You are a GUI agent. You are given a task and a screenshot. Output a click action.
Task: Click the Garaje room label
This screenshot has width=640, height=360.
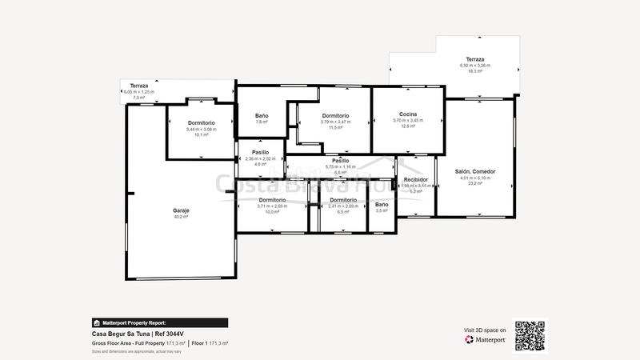pyautogui.click(x=181, y=210)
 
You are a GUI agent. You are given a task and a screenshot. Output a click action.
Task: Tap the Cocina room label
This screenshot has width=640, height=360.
pyautogui.click(x=409, y=114)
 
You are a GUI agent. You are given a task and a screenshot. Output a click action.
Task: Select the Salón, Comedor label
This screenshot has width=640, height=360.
pyautogui.click(x=475, y=172)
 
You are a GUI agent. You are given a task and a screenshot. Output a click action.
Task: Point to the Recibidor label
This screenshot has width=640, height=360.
pyautogui.click(x=416, y=180)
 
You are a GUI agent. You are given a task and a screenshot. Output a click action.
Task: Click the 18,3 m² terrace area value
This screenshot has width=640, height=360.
pyautogui.click(x=476, y=71)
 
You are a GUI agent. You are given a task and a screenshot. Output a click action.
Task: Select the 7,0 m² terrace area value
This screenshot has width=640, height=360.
pyautogui.click(x=139, y=98)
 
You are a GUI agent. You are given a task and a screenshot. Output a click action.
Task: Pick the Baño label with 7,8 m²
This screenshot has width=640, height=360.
pyautogui.click(x=262, y=116)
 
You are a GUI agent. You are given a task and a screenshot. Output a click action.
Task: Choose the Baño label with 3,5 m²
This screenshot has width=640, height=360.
pyautogui.click(x=382, y=206)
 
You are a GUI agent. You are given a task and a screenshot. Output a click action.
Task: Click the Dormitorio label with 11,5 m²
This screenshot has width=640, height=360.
pyautogui.click(x=335, y=116)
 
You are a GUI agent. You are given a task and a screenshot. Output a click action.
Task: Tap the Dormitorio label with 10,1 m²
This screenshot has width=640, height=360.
pyautogui.click(x=201, y=123)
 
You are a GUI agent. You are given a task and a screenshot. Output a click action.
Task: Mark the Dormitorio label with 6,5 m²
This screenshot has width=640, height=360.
pyautogui.click(x=342, y=200)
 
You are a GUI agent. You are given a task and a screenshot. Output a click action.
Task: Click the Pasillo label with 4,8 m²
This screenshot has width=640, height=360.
pyautogui.click(x=260, y=152)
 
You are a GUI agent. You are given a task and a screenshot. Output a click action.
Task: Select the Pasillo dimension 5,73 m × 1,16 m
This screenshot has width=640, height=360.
pyautogui.click(x=340, y=166)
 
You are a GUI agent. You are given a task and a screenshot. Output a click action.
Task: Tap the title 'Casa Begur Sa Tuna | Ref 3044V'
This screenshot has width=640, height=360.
pyautogui.click(x=138, y=334)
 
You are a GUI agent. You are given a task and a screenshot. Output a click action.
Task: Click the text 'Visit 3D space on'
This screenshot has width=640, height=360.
pyautogui.click(x=485, y=329)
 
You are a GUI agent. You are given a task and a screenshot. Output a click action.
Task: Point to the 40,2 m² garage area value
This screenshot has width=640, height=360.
pyautogui.click(x=181, y=217)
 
